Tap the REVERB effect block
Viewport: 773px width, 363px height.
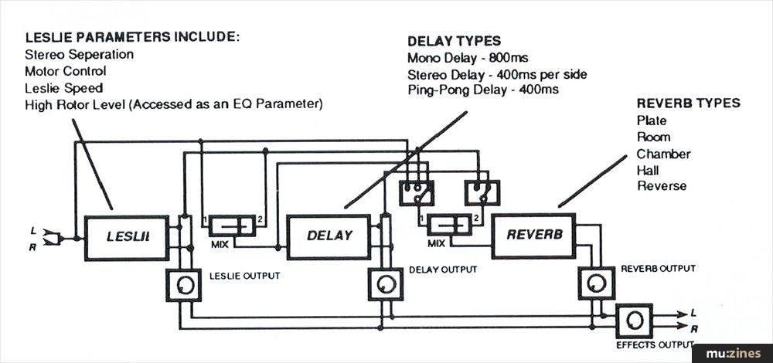[x=533, y=234]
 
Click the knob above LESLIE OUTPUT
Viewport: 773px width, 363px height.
[x=182, y=287]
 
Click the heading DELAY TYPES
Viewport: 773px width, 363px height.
[x=454, y=41]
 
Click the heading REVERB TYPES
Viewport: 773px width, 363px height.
[x=688, y=103]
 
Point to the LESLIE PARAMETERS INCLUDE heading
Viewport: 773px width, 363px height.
[x=132, y=38]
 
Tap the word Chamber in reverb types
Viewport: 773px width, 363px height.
[x=663, y=154]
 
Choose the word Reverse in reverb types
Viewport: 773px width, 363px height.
[x=662, y=186]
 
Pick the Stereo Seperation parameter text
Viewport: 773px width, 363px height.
[x=79, y=55]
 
